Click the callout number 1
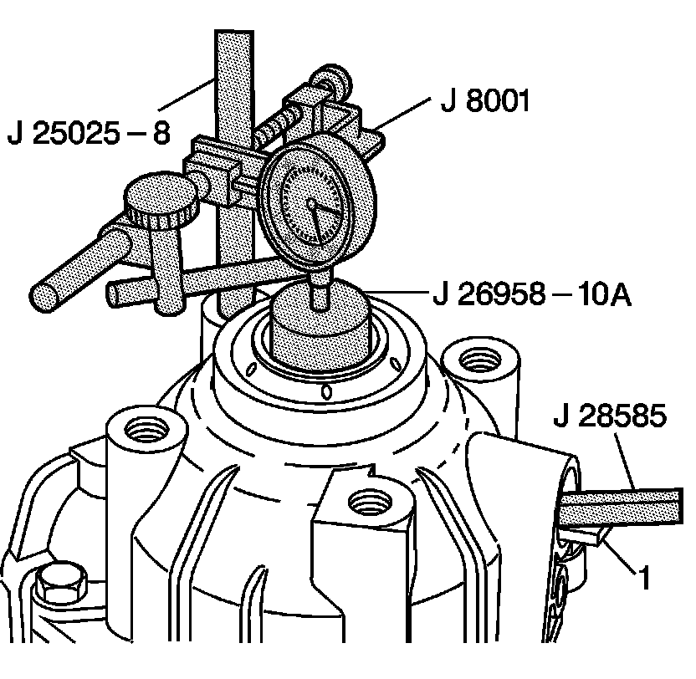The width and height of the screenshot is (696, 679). [644, 576]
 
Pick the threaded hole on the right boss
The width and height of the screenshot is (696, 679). [473, 360]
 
